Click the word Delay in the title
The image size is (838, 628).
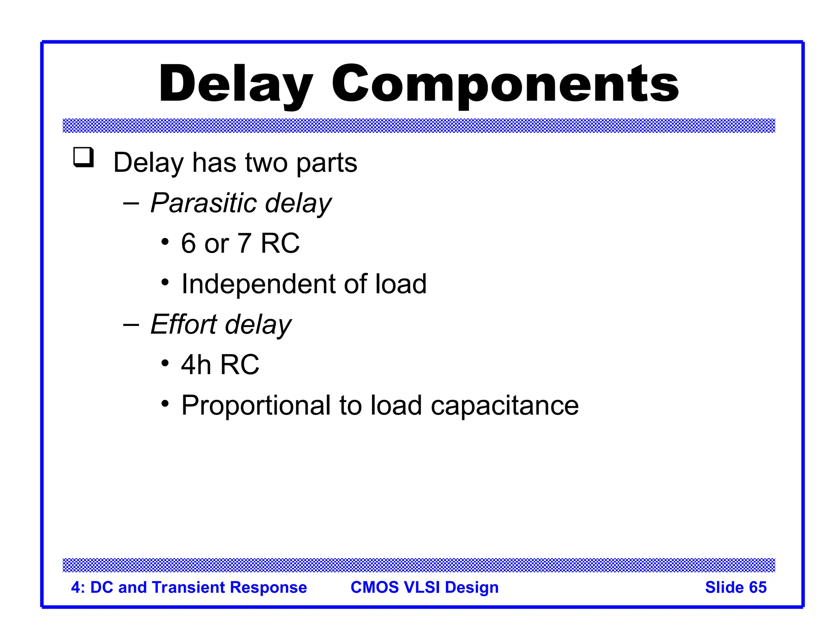click(235, 84)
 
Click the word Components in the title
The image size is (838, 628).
click(505, 84)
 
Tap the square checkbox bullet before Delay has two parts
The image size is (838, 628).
click(83, 157)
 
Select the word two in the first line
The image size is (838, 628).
click(266, 163)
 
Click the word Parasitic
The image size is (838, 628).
click(203, 203)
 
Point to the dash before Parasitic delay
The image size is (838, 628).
click(131, 203)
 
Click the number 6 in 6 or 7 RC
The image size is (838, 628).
click(188, 243)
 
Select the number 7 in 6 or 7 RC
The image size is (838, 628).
click(244, 243)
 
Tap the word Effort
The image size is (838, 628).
click(183, 324)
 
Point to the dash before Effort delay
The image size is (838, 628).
click(131, 324)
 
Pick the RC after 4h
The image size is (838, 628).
click(240, 364)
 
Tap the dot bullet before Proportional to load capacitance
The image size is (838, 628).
click(165, 404)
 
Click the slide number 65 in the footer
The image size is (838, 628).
click(757, 587)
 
